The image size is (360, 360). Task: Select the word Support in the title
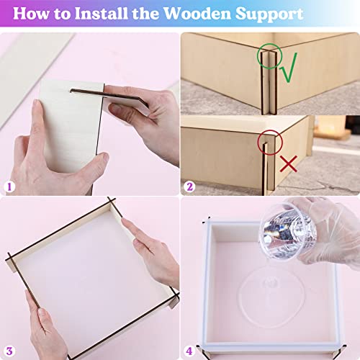tap(295, 13)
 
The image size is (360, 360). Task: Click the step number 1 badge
tap(9, 186)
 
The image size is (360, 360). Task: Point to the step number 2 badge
tap(190, 186)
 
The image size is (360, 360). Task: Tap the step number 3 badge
tap(9, 351)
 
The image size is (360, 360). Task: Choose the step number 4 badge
tap(190, 351)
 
